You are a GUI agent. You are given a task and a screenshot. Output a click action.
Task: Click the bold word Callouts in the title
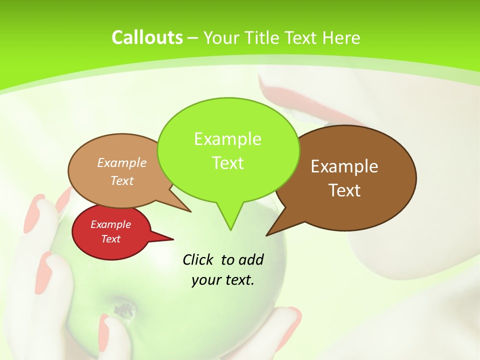[x=147, y=37]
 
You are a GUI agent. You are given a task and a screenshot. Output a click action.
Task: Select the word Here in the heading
[x=342, y=37]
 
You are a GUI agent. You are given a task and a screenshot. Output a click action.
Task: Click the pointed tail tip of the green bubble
[x=230, y=230]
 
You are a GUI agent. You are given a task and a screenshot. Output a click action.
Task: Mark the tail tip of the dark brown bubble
[x=266, y=235]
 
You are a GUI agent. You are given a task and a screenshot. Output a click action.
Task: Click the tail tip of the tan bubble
[x=191, y=211]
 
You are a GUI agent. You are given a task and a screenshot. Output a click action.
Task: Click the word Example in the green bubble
[x=227, y=139]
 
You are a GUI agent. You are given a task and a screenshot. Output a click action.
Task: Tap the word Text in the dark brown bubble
[x=345, y=190]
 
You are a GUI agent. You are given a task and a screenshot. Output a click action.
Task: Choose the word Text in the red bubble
[x=111, y=239]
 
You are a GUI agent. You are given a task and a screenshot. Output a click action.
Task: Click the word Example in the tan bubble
[x=122, y=163]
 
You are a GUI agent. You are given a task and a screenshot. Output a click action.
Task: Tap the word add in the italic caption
[x=252, y=259]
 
